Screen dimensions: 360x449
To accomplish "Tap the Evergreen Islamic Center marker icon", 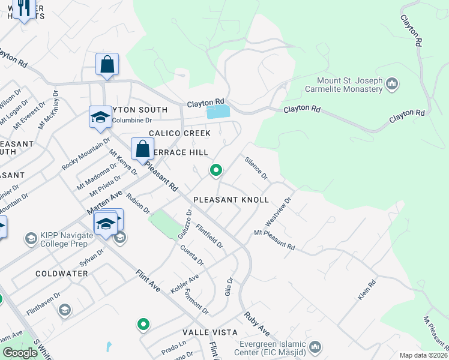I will (x=315, y=347).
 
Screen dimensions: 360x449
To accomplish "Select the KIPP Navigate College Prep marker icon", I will (x=31, y=239).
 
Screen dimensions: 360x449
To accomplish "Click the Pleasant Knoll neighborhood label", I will (x=231, y=199).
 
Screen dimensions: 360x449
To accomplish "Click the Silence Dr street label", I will (x=256, y=168).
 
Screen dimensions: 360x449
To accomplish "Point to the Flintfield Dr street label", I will (x=209, y=236).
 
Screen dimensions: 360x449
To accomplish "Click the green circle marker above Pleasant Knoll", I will (x=215, y=171).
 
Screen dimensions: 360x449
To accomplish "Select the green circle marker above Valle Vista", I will (x=143, y=325).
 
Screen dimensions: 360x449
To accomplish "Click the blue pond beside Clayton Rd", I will (x=218, y=112).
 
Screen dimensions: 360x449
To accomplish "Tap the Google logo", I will (x=20, y=353).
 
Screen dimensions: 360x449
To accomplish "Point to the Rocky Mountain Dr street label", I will (x=86, y=154).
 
